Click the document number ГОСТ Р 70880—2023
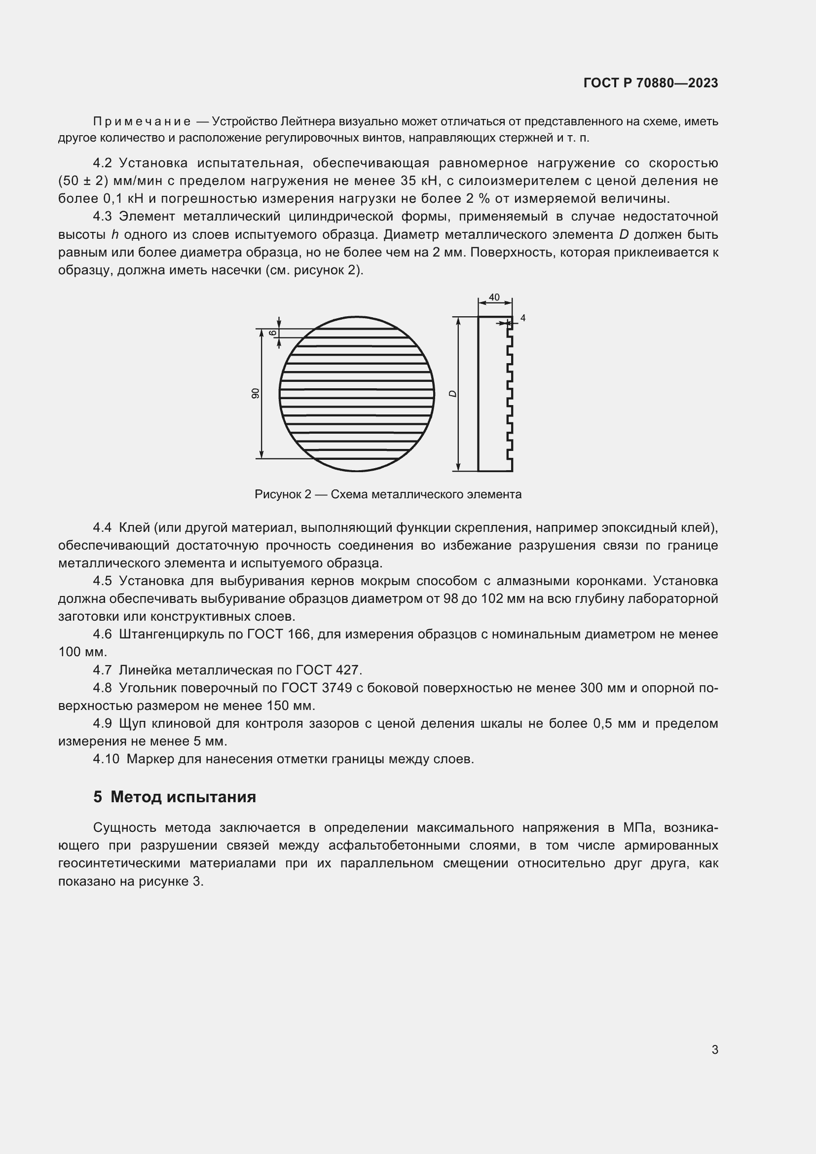[651, 83]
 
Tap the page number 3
[714, 1049]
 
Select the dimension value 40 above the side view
[494, 297]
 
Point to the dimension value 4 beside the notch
[522, 318]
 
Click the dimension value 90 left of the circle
[255, 393]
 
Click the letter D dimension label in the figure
[453, 394]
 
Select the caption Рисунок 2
[283, 494]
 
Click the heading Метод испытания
[183, 797]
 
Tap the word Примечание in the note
[142, 122]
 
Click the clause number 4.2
[102, 163]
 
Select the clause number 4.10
[106, 759]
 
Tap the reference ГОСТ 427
[327, 670]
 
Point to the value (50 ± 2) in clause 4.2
[83, 181]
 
